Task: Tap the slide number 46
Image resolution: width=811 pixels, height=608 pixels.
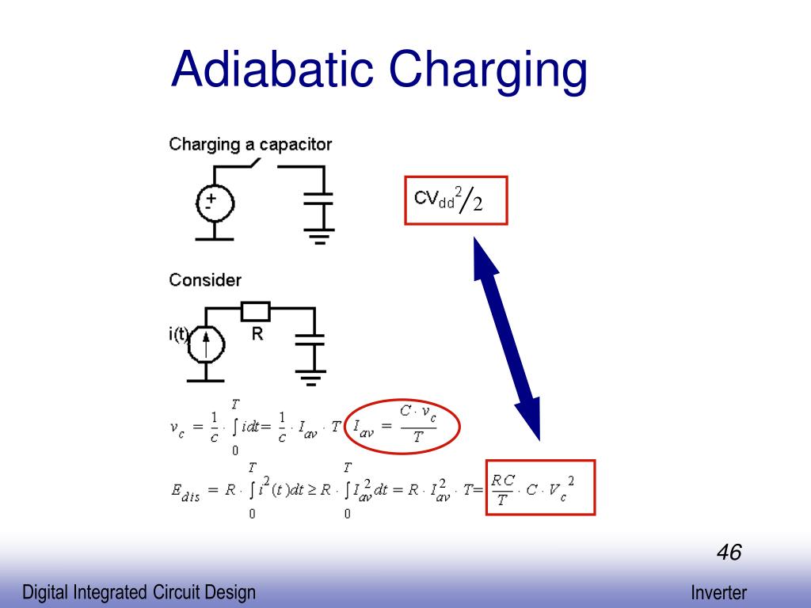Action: coord(729,552)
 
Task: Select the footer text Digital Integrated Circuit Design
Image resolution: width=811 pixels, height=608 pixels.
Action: coord(139,592)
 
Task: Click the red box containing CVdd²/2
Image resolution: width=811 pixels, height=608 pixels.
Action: coord(455,200)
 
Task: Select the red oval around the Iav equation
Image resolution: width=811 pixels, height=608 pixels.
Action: coord(403,428)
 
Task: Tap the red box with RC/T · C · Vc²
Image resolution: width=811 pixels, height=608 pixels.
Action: coord(540,487)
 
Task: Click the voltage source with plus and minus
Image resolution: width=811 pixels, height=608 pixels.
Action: coord(214,203)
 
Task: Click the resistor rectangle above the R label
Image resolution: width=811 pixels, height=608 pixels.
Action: coord(256,311)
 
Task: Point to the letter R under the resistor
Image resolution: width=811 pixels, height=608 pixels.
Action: coord(257,334)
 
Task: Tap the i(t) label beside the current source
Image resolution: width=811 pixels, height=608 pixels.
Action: coord(179,334)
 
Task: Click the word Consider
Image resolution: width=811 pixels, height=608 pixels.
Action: coord(205,280)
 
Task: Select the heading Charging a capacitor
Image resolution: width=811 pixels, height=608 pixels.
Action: coord(250,144)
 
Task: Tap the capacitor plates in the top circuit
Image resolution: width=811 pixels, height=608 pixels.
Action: coord(319,198)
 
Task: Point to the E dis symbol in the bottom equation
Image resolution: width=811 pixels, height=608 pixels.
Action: coord(186,491)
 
